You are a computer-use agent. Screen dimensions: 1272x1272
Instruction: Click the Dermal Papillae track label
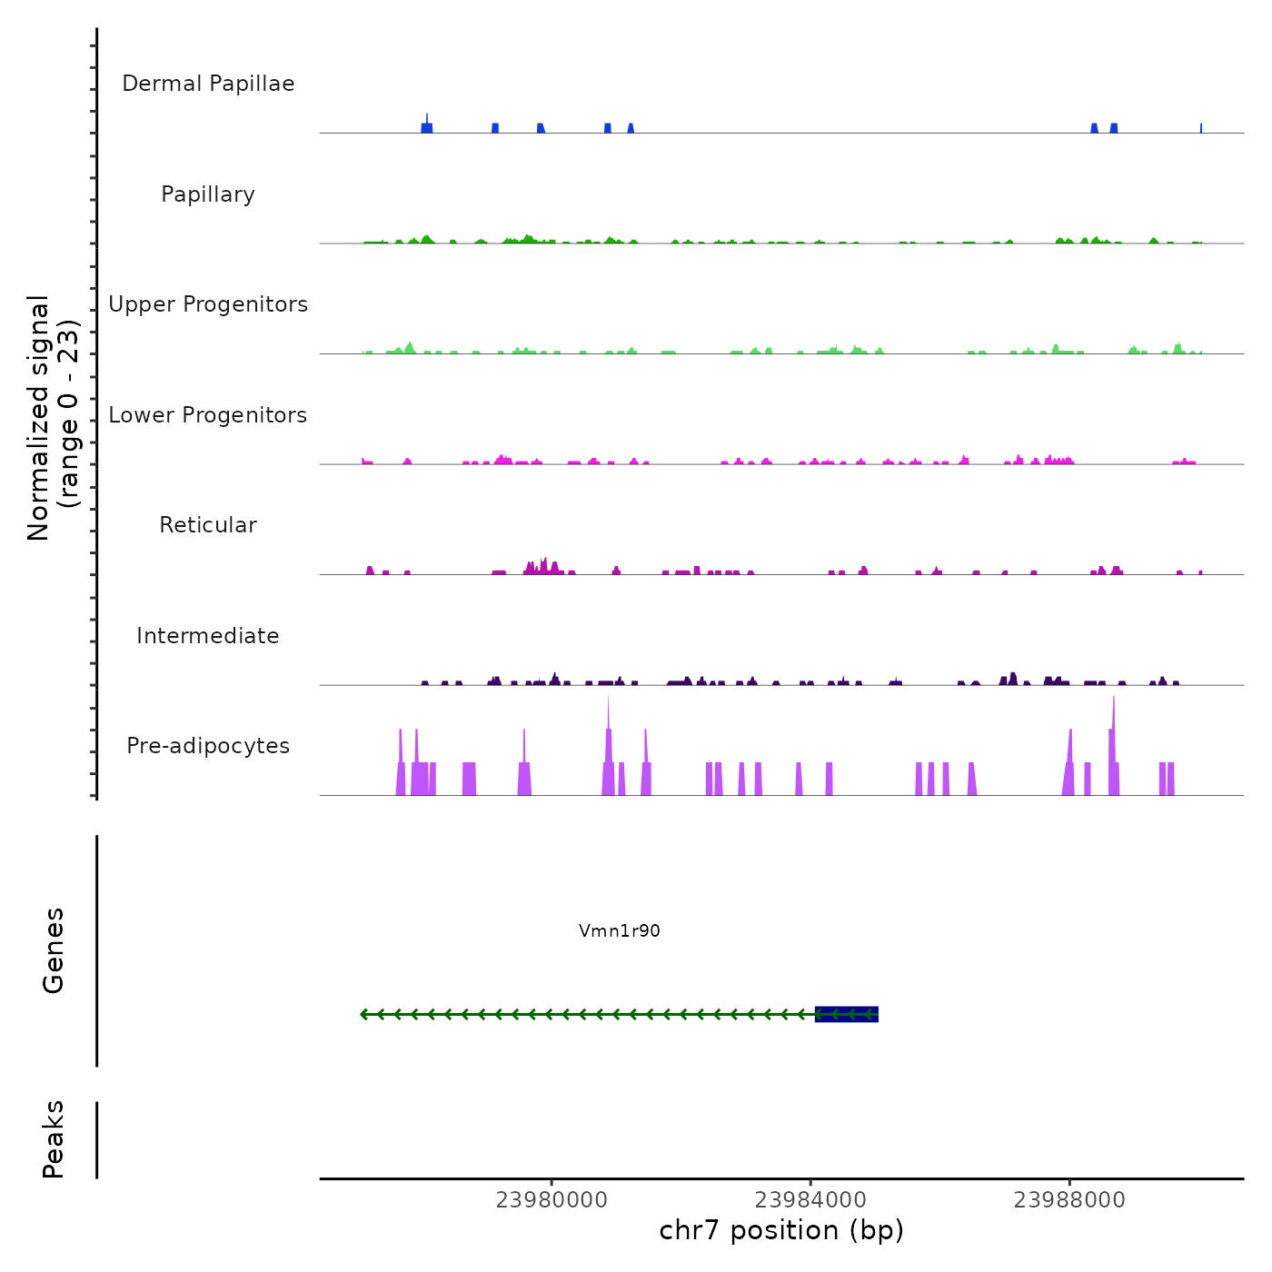click(208, 84)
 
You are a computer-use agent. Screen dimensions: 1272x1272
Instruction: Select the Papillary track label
click(208, 194)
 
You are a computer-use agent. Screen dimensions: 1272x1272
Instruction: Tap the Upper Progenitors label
click(208, 304)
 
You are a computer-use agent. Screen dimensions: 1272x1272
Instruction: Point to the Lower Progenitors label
click(208, 415)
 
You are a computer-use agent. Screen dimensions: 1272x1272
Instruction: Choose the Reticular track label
click(208, 525)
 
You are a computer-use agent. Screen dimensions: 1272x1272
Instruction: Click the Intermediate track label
click(208, 636)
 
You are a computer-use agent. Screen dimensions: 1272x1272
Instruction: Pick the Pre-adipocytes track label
click(208, 746)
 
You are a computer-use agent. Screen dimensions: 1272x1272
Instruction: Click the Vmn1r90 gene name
click(620, 931)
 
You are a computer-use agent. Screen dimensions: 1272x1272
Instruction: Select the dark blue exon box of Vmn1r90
click(847, 1014)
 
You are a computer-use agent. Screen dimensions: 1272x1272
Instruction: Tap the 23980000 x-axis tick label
click(552, 1200)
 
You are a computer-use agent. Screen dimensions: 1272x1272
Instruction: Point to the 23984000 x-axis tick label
click(810, 1200)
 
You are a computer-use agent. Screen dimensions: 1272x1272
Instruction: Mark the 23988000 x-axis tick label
click(1069, 1200)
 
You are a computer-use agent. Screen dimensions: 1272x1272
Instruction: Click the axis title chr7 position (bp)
click(781, 1230)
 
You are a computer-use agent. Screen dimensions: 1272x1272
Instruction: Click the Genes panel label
click(54, 950)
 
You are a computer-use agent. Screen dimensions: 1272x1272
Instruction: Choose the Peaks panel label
click(54, 1139)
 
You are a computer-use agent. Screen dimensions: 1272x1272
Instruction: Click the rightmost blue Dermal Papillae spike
click(1201, 128)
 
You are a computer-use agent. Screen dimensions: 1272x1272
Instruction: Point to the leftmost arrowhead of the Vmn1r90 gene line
click(364, 1014)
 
